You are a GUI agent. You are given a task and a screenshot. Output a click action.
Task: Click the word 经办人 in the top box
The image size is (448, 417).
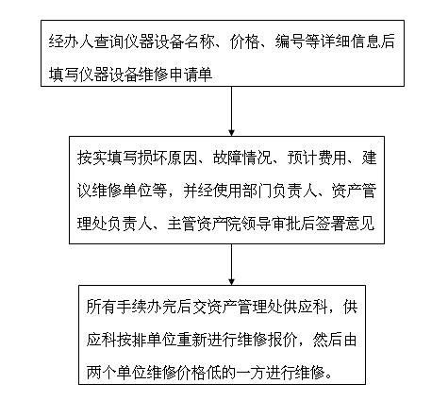[x=72, y=42]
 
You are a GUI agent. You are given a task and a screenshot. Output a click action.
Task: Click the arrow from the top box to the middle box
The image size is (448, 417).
[x=231, y=111]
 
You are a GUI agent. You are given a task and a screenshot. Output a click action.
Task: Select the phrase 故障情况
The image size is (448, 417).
[x=242, y=158]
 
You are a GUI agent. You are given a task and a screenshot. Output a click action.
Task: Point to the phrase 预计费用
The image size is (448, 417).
[x=317, y=158]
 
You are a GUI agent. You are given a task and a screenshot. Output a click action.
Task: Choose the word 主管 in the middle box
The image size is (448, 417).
[x=182, y=224]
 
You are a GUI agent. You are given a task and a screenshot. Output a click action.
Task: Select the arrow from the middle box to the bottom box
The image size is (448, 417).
[x=231, y=264]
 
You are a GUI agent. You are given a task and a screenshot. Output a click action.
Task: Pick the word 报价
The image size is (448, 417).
[x=282, y=340]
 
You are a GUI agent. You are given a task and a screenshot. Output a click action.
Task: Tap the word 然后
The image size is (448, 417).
[x=327, y=340]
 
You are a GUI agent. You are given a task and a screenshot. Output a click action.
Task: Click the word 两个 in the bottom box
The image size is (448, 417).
[x=101, y=373]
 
